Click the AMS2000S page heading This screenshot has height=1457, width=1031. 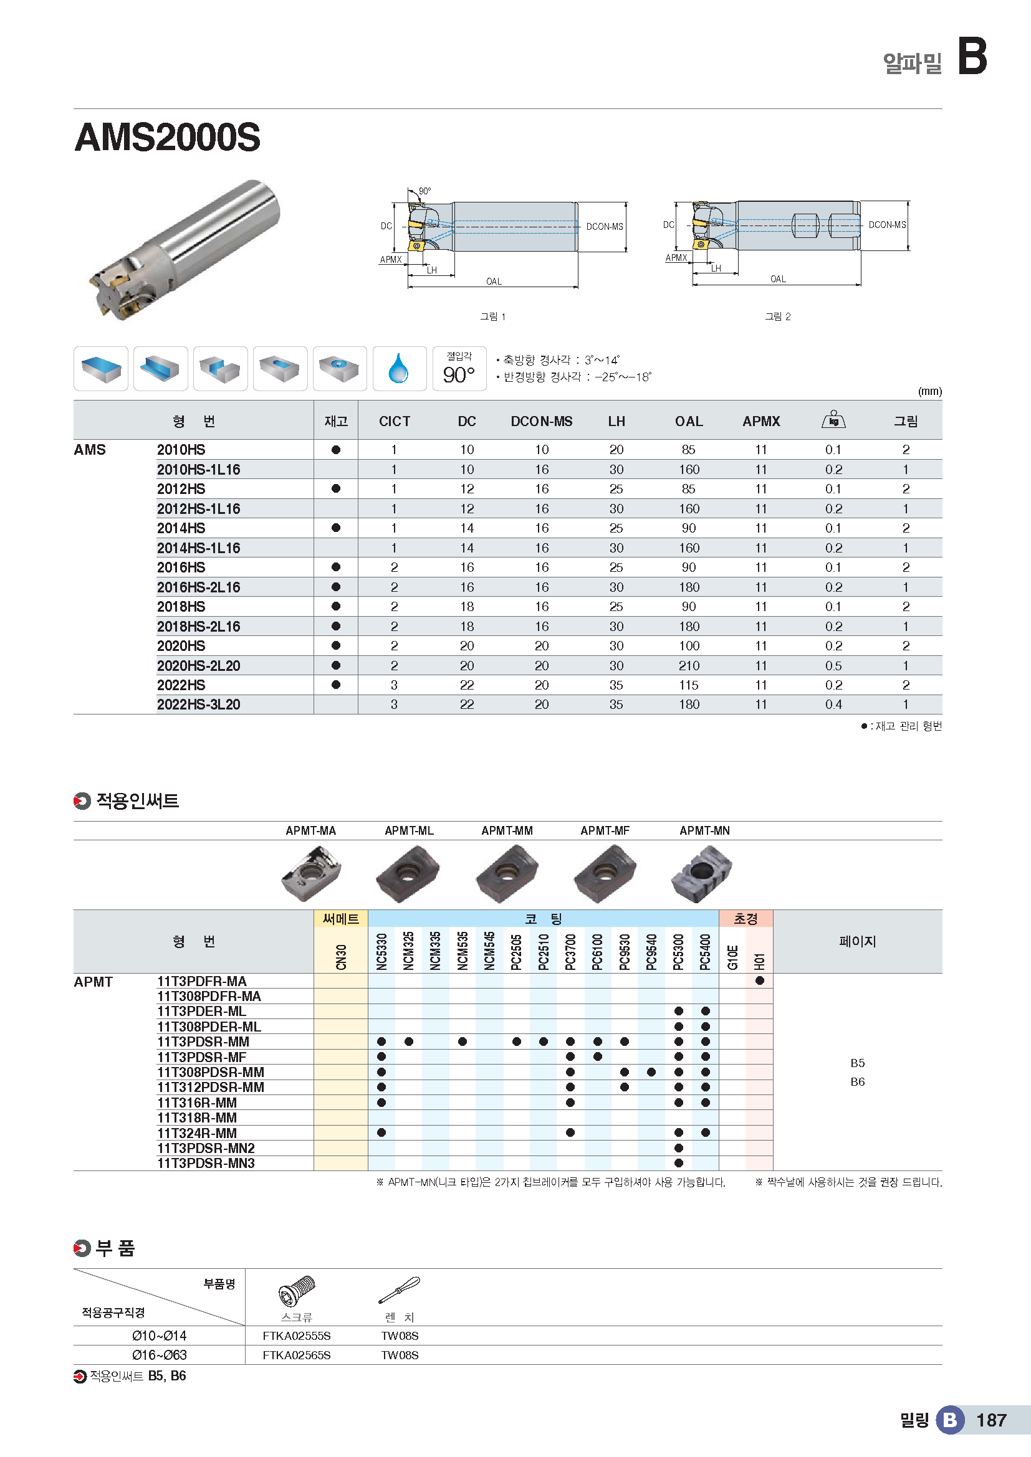168,137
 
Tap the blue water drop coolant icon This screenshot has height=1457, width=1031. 399,369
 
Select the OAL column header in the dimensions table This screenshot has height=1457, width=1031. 689,421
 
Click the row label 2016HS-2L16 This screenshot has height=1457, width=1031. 199,587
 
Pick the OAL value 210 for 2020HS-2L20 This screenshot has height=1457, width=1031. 689,666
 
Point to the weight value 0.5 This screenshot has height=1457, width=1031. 833,666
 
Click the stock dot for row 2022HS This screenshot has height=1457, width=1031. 336,685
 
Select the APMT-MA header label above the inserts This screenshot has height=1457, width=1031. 310,831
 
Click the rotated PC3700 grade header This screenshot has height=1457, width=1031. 570,951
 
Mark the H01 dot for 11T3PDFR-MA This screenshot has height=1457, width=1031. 759,980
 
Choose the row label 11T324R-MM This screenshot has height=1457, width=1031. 197,1132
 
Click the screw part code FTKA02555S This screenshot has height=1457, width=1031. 297,1336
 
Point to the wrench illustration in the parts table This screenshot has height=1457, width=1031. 400,1289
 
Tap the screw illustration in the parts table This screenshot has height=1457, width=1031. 297,1291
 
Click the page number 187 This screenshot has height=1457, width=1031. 991,1420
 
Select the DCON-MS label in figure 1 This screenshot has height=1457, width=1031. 605,227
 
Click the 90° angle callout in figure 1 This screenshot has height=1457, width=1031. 424,191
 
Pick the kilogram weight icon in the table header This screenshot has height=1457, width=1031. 833,420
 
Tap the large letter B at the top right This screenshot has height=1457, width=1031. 972,56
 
